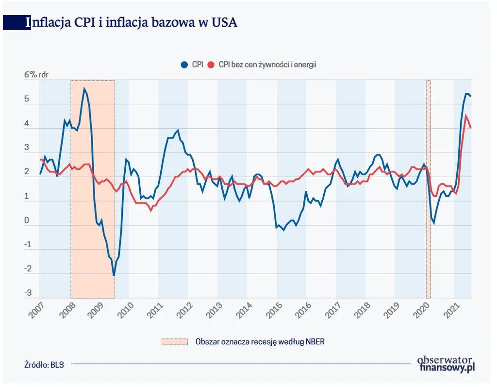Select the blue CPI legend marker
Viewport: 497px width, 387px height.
point(184,65)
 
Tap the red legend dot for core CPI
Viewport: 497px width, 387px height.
point(210,65)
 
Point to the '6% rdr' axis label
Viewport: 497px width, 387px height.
point(37,75)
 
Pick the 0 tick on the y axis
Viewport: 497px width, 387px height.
point(28,221)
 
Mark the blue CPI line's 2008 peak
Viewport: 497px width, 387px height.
point(84,88)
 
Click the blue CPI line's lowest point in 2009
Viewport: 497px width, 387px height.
point(114,276)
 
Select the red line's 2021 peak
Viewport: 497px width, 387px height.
point(466,116)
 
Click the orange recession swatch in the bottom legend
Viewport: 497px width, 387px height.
point(174,341)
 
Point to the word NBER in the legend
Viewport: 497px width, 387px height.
point(315,341)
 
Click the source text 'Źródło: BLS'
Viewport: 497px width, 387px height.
point(44,364)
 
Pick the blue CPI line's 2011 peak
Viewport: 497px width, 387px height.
point(178,130)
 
